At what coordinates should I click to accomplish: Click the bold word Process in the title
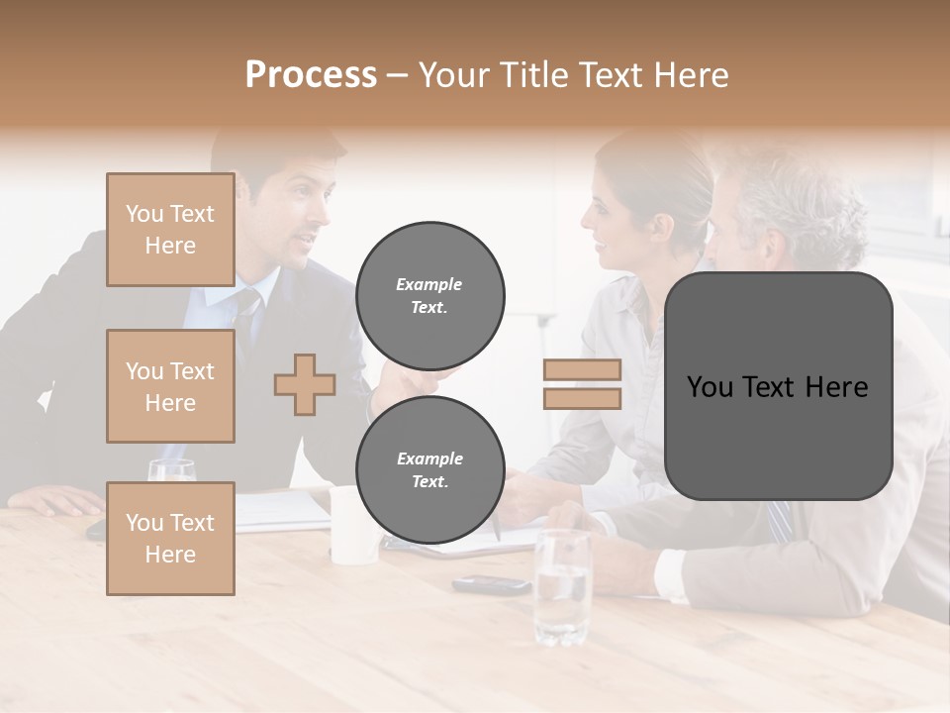(x=311, y=74)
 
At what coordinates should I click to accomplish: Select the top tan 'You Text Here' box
(x=170, y=230)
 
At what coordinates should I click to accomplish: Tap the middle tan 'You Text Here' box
(x=170, y=386)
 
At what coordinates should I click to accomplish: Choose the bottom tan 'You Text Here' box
(x=170, y=539)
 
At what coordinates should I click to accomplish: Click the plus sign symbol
(x=305, y=384)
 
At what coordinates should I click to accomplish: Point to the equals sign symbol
(x=582, y=384)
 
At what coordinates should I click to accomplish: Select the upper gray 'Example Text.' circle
(x=429, y=295)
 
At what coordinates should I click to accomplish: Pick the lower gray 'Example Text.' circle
(x=429, y=469)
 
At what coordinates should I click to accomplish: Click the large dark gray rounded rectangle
(x=778, y=386)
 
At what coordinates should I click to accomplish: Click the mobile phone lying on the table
(x=492, y=584)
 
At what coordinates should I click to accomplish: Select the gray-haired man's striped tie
(x=781, y=521)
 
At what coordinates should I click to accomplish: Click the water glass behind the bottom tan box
(x=171, y=470)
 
